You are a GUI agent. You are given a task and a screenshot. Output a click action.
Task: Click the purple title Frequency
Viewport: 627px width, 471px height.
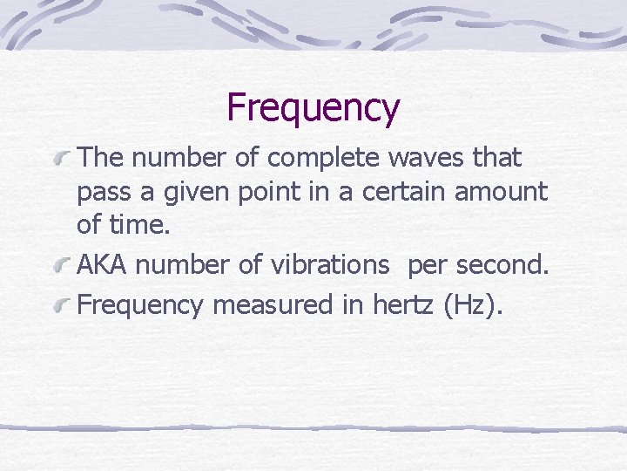(313, 108)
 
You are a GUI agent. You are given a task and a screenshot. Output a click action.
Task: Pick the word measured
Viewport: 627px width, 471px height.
(265, 304)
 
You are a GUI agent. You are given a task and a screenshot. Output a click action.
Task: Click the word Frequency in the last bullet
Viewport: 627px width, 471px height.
(140, 306)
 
